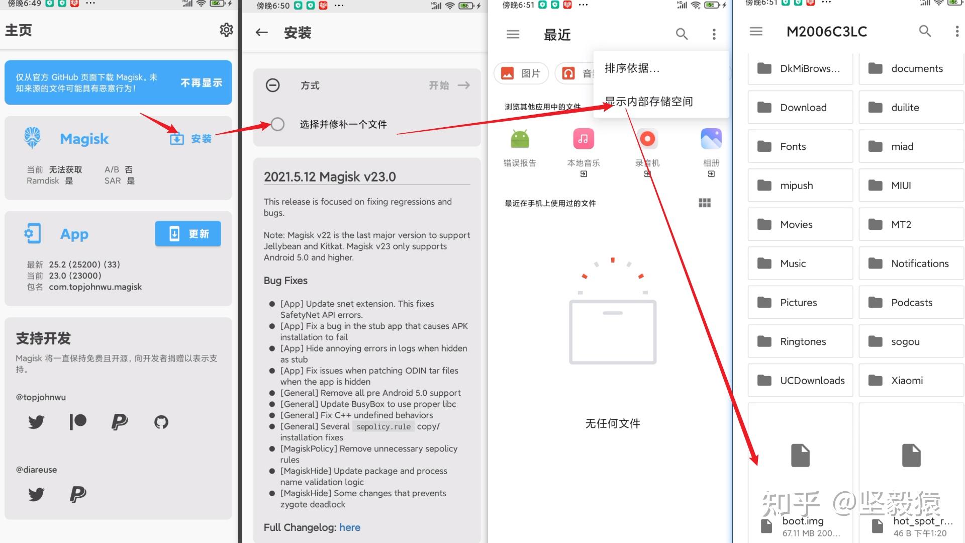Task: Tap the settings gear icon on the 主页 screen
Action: (x=226, y=30)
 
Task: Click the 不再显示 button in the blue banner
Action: (x=201, y=83)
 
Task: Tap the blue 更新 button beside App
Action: (x=188, y=234)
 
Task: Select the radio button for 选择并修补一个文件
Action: (x=277, y=124)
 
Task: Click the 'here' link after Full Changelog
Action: (x=350, y=527)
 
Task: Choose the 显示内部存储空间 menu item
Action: (x=648, y=102)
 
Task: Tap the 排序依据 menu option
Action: (x=632, y=68)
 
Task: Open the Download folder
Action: (x=800, y=107)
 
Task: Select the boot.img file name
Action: (x=803, y=521)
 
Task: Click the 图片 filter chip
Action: (x=521, y=73)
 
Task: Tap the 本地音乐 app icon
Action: (x=583, y=139)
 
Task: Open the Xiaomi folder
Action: (x=911, y=381)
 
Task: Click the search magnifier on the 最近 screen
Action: (x=682, y=34)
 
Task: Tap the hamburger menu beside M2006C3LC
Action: (x=756, y=31)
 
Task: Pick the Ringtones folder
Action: (x=800, y=341)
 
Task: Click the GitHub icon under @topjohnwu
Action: (x=161, y=422)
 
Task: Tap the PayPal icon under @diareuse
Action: (x=78, y=494)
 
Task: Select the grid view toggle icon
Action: (x=705, y=203)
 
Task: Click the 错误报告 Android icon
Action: (x=520, y=139)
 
